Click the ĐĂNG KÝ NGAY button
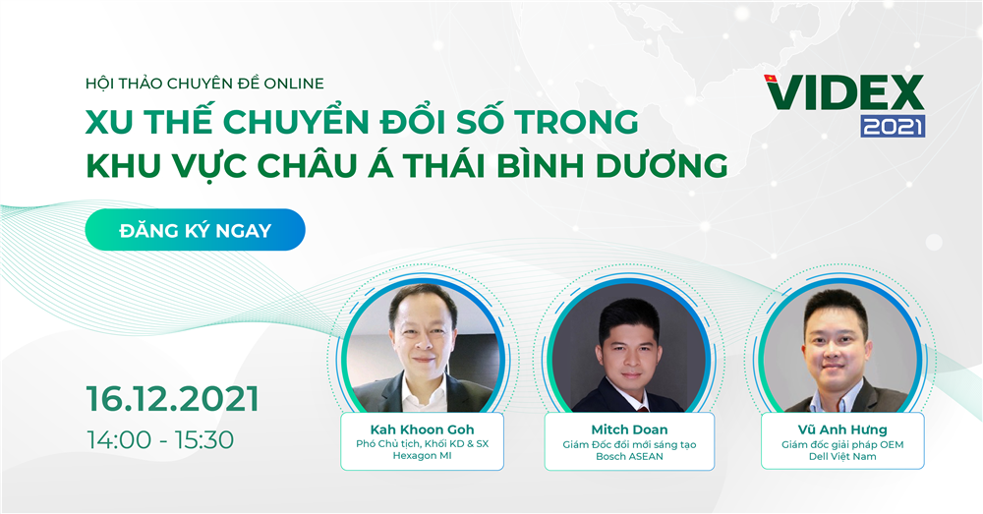point(195,230)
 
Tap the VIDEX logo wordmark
point(843,93)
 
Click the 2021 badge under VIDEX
point(893,126)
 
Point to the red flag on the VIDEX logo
point(771,79)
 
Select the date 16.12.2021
point(172,399)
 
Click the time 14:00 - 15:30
point(160,440)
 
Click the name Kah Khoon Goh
point(422,429)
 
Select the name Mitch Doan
point(629,429)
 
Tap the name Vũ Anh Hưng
point(842,429)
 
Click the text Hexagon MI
point(422,456)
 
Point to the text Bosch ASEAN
point(629,456)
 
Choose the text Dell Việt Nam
point(842,456)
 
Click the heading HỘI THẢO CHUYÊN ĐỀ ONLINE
point(205,84)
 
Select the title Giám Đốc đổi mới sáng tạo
point(629,444)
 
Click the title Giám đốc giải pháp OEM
point(842,444)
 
